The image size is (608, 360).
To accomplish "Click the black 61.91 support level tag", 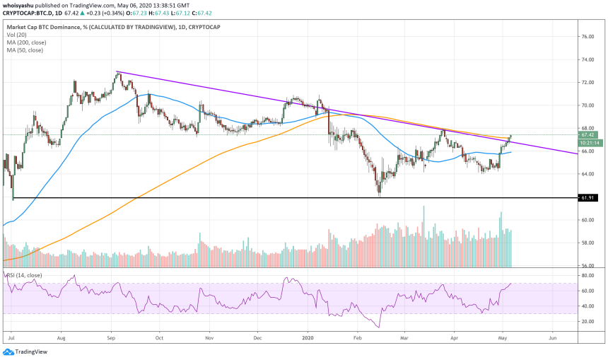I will click(x=588, y=199).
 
